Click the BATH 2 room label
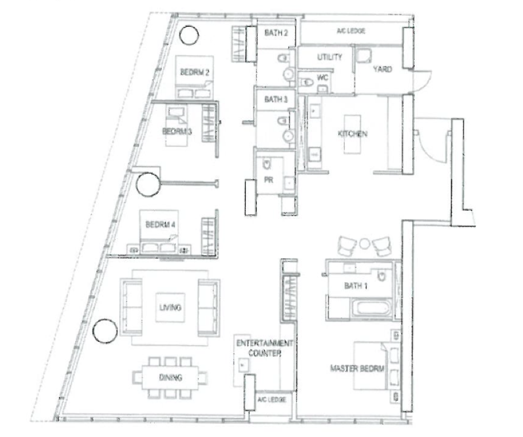click(x=276, y=33)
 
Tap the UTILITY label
click(x=330, y=57)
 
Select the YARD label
click(x=382, y=69)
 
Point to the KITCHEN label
click(x=353, y=134)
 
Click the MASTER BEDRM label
click(x=357, y=369)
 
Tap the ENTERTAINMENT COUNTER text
click(x=265, y=348)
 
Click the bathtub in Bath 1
click(x=370, y=308)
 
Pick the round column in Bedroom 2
click(x=189, y=35)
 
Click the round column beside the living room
click(x=105, y=331)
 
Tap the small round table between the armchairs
click(x=364, y=243)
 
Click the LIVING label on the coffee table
click(x=170, y=308)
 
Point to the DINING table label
click(x=170, y=377)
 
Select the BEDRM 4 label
click(x=160, y=224)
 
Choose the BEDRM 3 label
click(x=177, y=131)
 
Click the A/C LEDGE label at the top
click(x=351, y=31)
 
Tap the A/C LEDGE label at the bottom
click(x=271, y=400)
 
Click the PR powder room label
click(x=269, y=180)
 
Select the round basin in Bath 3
click(x=288, y=136)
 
